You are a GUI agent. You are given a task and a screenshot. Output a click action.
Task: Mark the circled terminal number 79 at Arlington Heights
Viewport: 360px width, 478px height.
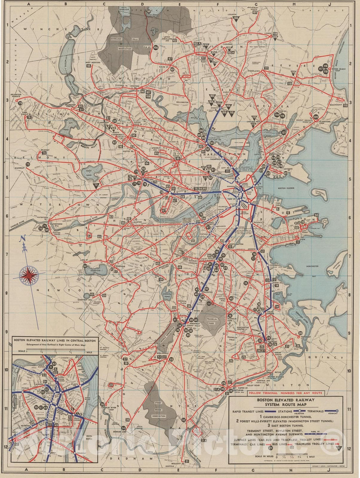click(x=20, y=104)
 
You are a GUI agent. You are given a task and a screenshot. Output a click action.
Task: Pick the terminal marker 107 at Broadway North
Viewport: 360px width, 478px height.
click(x=255, y=12)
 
